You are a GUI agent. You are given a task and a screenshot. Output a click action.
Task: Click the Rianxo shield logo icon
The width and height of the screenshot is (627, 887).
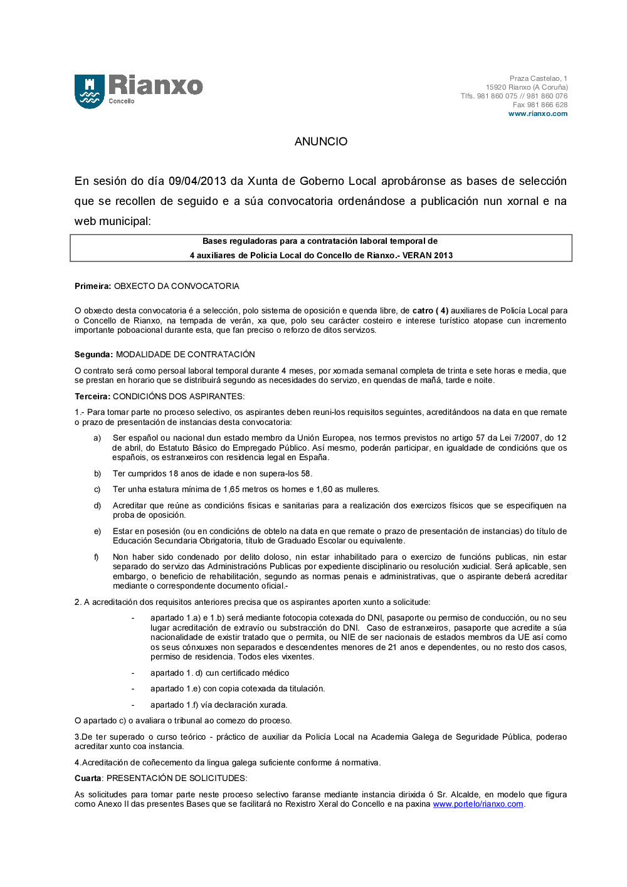[x=90, y=92]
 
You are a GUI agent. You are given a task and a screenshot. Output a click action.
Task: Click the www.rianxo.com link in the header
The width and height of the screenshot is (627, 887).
[x=537, y=114]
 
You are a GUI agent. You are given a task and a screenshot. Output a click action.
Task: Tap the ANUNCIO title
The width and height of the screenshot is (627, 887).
[x=321, y=142]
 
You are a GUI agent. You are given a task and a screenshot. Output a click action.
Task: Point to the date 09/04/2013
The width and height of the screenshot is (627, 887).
[x=197, y=181]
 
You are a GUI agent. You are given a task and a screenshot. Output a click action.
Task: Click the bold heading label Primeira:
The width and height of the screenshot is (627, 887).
[x=93, y=286]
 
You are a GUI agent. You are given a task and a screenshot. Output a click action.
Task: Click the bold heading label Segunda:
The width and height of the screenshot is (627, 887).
[x=93, y=355]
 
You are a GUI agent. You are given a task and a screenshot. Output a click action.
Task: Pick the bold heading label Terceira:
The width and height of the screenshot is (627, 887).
[x=92, y=397]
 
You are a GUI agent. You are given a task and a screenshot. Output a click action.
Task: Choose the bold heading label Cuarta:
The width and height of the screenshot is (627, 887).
[x=88, y=779]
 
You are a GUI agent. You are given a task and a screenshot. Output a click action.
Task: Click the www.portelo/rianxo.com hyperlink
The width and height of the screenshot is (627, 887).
[x=478, y=804]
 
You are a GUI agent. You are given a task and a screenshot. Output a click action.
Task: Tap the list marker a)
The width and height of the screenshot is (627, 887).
[x=97, y=438]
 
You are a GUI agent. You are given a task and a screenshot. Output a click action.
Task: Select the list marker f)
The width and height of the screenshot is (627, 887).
[x=97, y=557]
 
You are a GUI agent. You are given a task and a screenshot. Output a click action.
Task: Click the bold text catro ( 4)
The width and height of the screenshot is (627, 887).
[x=430, y=311]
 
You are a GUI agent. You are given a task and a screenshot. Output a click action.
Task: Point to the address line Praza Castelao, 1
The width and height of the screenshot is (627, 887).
[x=538, y=79]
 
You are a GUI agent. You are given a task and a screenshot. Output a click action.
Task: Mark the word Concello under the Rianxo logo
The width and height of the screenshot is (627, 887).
[x=122, y=101]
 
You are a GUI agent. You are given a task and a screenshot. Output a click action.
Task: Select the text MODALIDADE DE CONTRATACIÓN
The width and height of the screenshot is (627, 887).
[x=186, y=355]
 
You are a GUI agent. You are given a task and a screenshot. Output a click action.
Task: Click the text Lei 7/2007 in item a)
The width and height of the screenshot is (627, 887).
[x=520, y=438]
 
